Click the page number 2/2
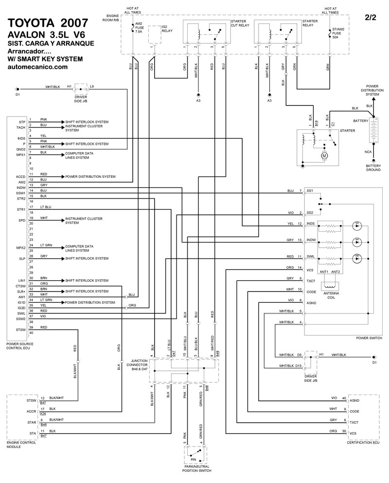coord(371,17)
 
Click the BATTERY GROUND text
coord(372,168)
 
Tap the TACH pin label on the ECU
coord(20,127)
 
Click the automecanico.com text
coord(38,67)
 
